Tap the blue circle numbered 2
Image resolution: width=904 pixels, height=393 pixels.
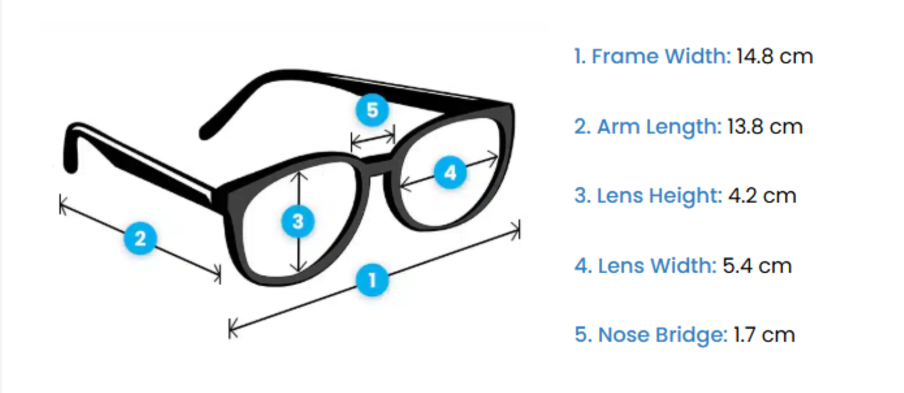[x=140, y=238]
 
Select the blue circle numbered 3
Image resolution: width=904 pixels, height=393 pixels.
[x=298, y=221]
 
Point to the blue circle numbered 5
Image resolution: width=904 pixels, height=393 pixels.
[x=372, y=110]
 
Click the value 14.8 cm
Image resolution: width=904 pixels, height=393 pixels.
[x=774, y=56]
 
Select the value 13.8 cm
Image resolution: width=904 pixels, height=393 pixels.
[x=765, y=126]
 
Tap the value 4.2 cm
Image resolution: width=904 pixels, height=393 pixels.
[x=762, y=195]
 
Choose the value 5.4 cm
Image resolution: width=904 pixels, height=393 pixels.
[x=757, y=265]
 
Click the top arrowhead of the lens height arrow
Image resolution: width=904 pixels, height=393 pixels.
[x=298, y=173]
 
